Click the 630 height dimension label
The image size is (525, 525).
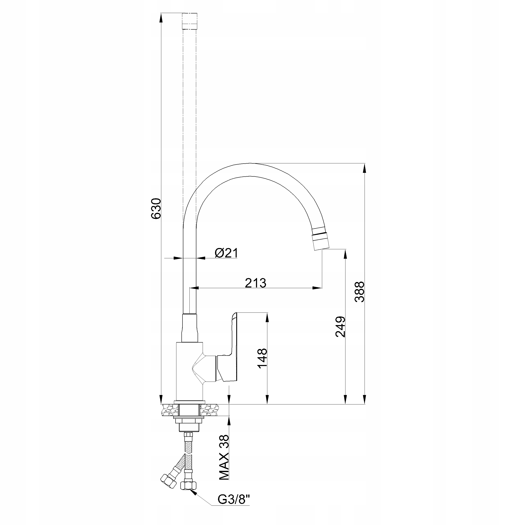(156, 209)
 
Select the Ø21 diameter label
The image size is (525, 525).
(226, 253)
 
